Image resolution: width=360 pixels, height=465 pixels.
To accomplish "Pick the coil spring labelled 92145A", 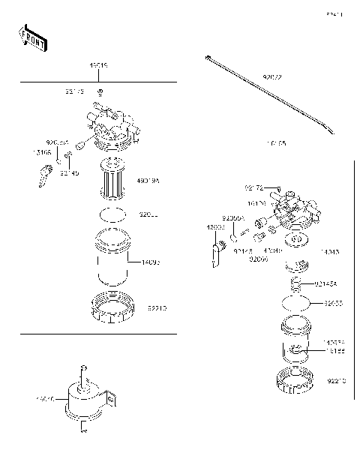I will tap(298, 283).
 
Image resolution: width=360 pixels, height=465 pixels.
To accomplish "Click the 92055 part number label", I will tap(334, 304).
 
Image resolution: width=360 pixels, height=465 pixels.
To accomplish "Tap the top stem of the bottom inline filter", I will tap(85, 371).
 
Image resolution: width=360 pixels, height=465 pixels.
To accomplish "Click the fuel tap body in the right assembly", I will tap(294, 212).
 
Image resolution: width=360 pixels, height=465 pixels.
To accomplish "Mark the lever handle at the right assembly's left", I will tap(215, 253).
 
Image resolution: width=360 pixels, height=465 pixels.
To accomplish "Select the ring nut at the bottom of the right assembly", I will tap(295, 382).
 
